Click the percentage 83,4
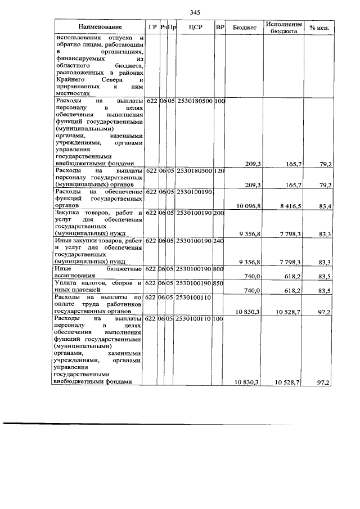pyautogui.click(x=324, y=206)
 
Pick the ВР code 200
pyautogui.click(x=220, y=213)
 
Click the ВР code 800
pyautogui.click(x=220, y=269)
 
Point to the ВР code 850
pyautogui.click(x=220, y=283)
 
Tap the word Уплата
pyautogui.click(x=66, y=283)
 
